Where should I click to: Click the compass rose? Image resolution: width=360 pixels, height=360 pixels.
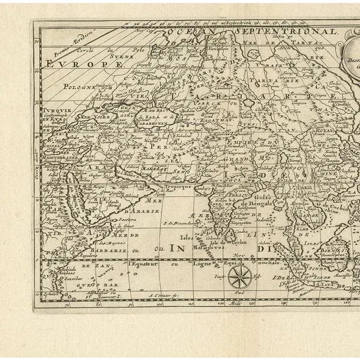pos(239,277)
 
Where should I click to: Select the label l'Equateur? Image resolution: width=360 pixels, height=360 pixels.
pos(143,263)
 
